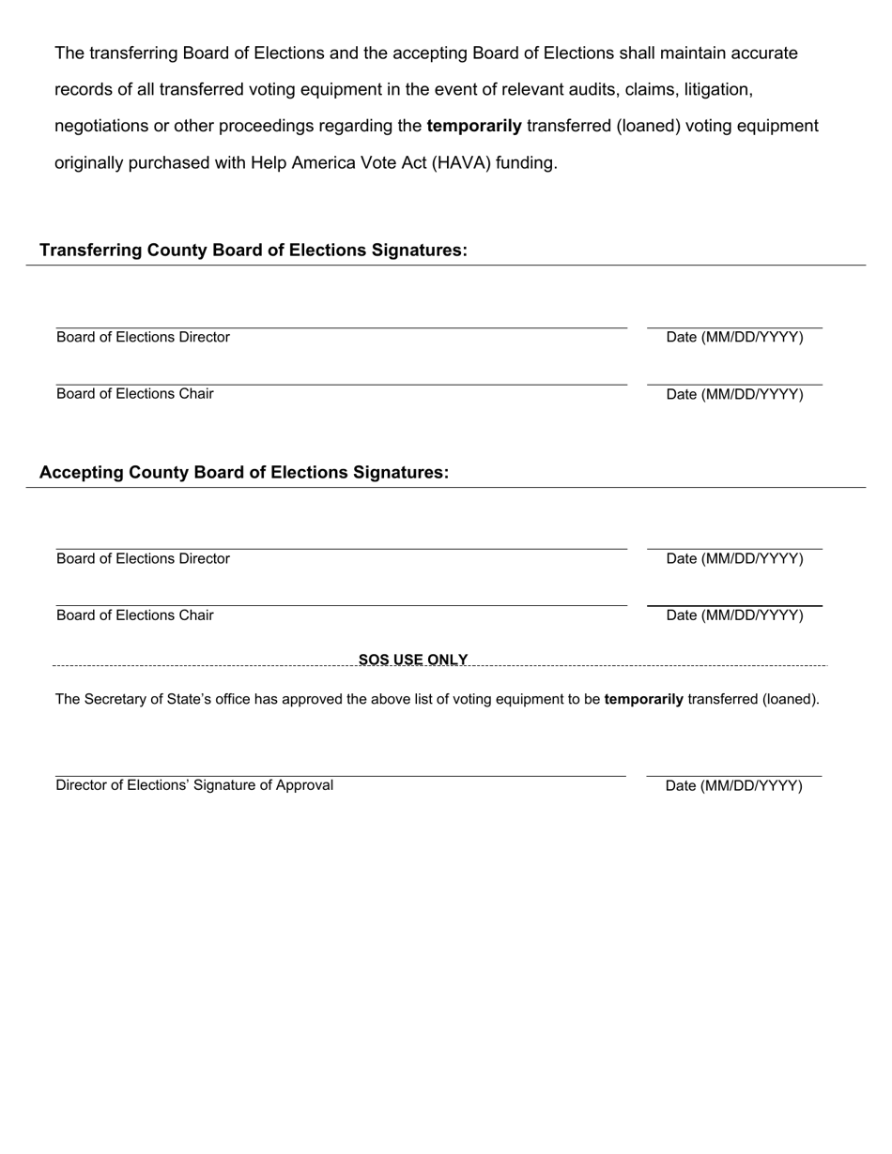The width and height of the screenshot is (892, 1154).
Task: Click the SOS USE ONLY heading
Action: (413, 660)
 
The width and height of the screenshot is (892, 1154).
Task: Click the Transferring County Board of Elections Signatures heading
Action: (254, 251)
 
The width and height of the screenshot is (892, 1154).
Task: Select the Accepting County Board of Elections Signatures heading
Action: (244, 473)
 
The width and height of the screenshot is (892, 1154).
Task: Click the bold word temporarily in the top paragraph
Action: (474, 126)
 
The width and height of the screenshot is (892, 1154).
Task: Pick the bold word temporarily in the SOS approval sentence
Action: (644, 699)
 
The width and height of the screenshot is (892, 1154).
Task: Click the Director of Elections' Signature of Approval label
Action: (194, 785)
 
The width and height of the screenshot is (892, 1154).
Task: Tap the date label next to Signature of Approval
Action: (734, 786)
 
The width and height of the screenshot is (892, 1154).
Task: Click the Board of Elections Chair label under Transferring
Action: (135, 394)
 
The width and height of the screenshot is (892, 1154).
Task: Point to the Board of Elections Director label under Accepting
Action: (143, 559)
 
